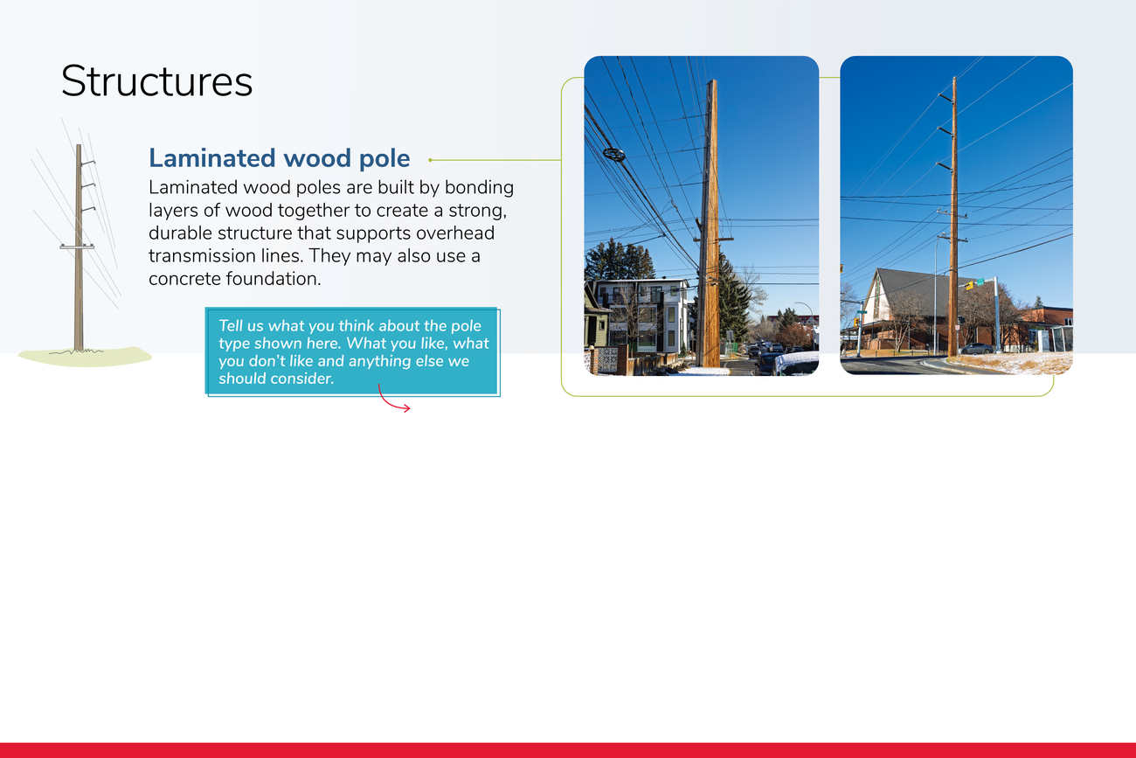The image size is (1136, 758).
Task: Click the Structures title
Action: (x=156, y=81)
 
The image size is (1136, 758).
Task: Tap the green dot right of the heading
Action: (x=430, y=160)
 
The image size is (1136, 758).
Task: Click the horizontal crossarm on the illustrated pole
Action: (x=77, y=247)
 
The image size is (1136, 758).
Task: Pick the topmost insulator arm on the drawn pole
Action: (x=88, y=163)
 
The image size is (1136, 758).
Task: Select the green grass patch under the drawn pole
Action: (x=85, y=357)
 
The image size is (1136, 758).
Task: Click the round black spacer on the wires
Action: (x=613, y=154)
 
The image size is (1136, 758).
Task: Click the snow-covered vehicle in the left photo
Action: (x=796, y=364)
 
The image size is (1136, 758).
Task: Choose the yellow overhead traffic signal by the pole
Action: (x=969, y=286)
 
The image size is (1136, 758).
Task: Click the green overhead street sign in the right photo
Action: (x=980, y=282)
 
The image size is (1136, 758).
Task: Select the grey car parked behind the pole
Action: (x=976, y=349)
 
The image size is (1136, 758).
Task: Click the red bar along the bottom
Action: (x=568, y=750)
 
